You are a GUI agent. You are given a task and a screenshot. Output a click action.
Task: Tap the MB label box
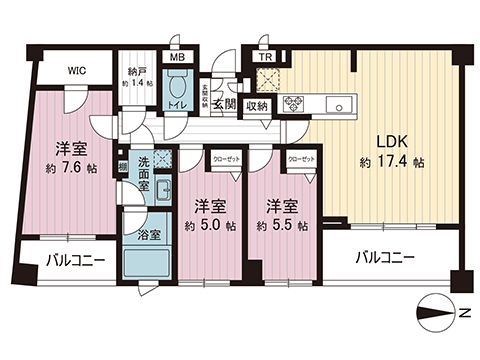(176, 58)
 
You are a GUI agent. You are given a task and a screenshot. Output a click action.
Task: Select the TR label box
(266, 58)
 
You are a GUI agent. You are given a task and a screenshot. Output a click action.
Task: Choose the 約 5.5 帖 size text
(278, 226)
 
